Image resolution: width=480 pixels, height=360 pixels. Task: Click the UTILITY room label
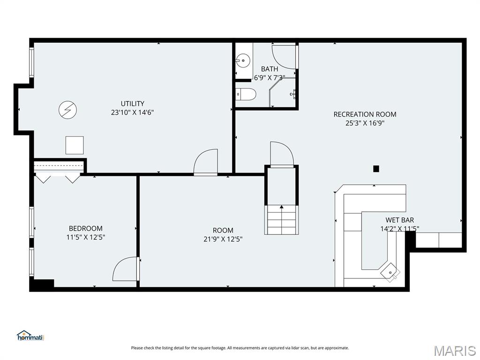coord(132,104)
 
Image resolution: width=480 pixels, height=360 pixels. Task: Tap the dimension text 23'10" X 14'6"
coord(132,112)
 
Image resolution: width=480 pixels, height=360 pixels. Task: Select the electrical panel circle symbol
coord(67,110)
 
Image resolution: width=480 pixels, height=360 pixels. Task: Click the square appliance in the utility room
coord(75,145)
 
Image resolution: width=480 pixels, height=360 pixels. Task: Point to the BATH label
coord(270,69)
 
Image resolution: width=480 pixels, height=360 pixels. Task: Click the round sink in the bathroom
coord(243,60)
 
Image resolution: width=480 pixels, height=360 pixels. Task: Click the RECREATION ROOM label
coord(365,114)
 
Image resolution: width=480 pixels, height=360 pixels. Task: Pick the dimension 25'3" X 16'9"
coord(365,123)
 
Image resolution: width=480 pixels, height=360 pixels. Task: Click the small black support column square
coord(376,169)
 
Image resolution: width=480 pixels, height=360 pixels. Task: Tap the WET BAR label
coord(399,220)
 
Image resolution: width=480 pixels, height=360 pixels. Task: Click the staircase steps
coord(281,220)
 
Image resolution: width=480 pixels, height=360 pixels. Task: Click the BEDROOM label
coord(85,228)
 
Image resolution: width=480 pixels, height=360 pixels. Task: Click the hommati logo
coord(30,336)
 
